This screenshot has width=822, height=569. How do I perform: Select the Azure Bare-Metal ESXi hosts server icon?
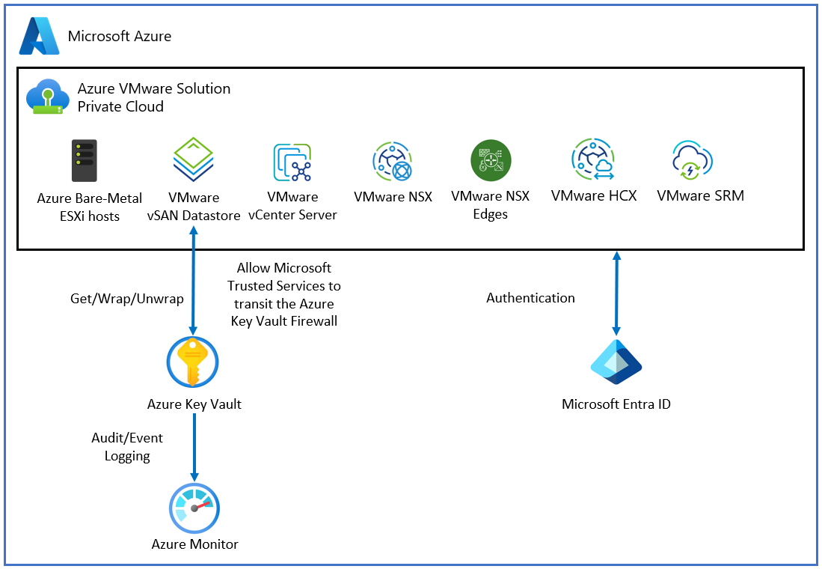(x=85, y=161)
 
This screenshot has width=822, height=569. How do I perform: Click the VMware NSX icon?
(x=393, y=161)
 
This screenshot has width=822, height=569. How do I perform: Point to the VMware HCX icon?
(x=592, y=159)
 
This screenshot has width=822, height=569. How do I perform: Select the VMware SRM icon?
(x=692, y=159)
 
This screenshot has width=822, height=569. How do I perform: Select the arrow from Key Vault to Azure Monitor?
(x=194, y=447)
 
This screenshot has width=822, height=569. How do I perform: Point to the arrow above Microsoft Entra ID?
(x=616, y=293)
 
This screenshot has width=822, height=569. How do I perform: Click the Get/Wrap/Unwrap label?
(x=126, y=299)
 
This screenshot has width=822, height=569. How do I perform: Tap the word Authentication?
(x=530, y=298)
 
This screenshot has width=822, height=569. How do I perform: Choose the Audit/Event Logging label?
(x=127, y=447)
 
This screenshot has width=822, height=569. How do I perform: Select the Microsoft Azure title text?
(x=120, y=36)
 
